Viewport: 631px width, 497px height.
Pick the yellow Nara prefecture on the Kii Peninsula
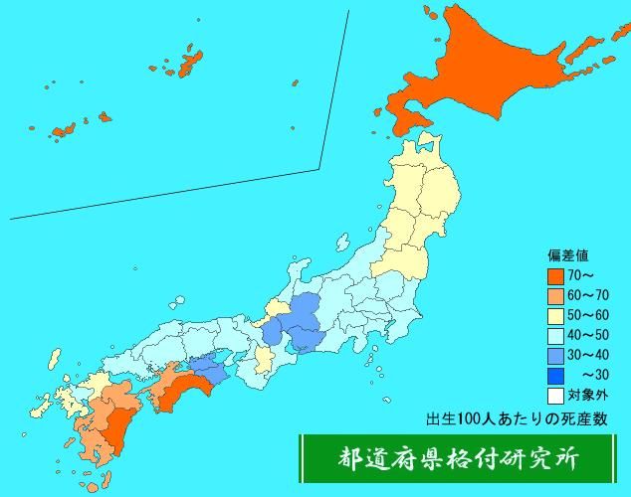pyautogui.click(x=264, y=359)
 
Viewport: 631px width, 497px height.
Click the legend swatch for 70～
pyautogui.click(x=555, y=277)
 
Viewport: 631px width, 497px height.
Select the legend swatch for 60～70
pyautogui.click(x=555, y=296)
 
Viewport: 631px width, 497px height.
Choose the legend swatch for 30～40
pyautogui.click(x=555, y=354)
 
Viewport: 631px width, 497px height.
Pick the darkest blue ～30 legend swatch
pyautogui.click(x=555, y=374)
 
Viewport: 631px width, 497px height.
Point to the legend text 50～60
pyautogui.click(x=588, y=316)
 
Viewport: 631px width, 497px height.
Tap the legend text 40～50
pyautogui.click(x=588, y=335)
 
